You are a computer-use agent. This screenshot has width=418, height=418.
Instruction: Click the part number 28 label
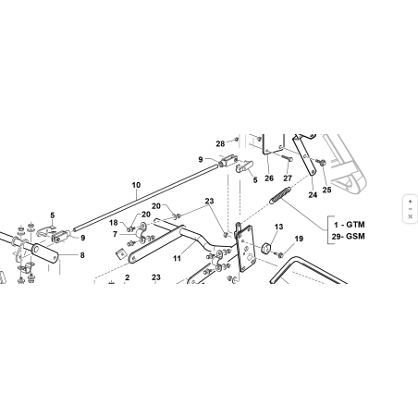(x=220, y=144)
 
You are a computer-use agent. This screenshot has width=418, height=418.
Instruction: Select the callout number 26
(x=269, y=178)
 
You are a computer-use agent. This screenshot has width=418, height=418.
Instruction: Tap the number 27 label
(x=288, y=178)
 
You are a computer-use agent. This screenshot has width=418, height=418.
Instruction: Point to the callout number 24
(x=313, y=195)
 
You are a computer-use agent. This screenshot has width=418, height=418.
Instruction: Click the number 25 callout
(x=326, y=190)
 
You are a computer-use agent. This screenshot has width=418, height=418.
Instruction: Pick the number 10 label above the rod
(x=136, y=185)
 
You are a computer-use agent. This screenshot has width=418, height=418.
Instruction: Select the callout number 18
(x=114, y=223)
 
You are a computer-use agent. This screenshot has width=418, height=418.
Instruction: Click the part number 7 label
(x=115, y=235)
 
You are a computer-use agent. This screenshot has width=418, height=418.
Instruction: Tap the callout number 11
(x=177, y=258)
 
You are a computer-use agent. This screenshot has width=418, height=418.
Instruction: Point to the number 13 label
(x=278, y=227)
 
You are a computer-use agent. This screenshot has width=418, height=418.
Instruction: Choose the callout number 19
(x=299, y=239)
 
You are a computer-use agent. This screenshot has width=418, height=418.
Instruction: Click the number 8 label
(x=82, y=255)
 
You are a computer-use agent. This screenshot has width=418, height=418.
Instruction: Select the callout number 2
(x=128, y=277)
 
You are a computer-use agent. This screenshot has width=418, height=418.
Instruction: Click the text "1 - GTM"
(x=350, y=225)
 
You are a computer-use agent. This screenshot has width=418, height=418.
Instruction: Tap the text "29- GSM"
(x=349, y=237)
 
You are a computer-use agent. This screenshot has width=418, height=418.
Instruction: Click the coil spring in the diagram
(x=280, y=195)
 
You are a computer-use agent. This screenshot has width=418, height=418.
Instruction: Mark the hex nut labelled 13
(x=266, y=248)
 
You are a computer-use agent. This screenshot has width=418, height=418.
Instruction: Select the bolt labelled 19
(x=279, y=254)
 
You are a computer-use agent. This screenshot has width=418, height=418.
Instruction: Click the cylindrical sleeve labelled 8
(x=45, y=253)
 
